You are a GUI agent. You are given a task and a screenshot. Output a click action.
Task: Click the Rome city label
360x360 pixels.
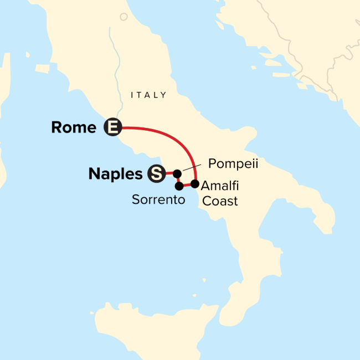(73, 127)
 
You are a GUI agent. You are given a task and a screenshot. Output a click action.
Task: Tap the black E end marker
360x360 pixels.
(112, 128)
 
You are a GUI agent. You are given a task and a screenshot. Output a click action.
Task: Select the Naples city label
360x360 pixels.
(115, 174)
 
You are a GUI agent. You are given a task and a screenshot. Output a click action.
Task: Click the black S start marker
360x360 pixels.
(156, 174)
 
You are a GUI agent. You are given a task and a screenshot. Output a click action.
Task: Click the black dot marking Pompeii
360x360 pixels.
(177, 174)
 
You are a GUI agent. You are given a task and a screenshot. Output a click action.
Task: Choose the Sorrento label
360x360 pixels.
(158, 199)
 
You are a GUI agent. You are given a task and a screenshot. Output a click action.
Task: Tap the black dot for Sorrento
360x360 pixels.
(179, 186)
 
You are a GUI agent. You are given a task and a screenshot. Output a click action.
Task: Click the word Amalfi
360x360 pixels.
(220, 186)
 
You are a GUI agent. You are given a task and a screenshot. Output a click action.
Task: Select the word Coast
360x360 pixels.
(220, 201)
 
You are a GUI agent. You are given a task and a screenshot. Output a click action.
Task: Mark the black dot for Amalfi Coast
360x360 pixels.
(194, 183)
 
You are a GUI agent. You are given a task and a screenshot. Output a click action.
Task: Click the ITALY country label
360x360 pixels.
(148, 95)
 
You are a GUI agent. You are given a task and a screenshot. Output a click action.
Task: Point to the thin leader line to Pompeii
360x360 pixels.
(191, 168)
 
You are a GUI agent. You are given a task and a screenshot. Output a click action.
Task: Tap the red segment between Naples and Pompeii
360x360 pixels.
(168, 173)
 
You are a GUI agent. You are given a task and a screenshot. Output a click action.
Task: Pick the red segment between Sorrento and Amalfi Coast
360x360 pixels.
(187, 185)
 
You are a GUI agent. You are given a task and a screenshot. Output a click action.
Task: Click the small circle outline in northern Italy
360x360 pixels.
(124, 16)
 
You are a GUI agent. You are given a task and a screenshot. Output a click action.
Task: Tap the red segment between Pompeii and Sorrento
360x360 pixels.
(177, 180)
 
